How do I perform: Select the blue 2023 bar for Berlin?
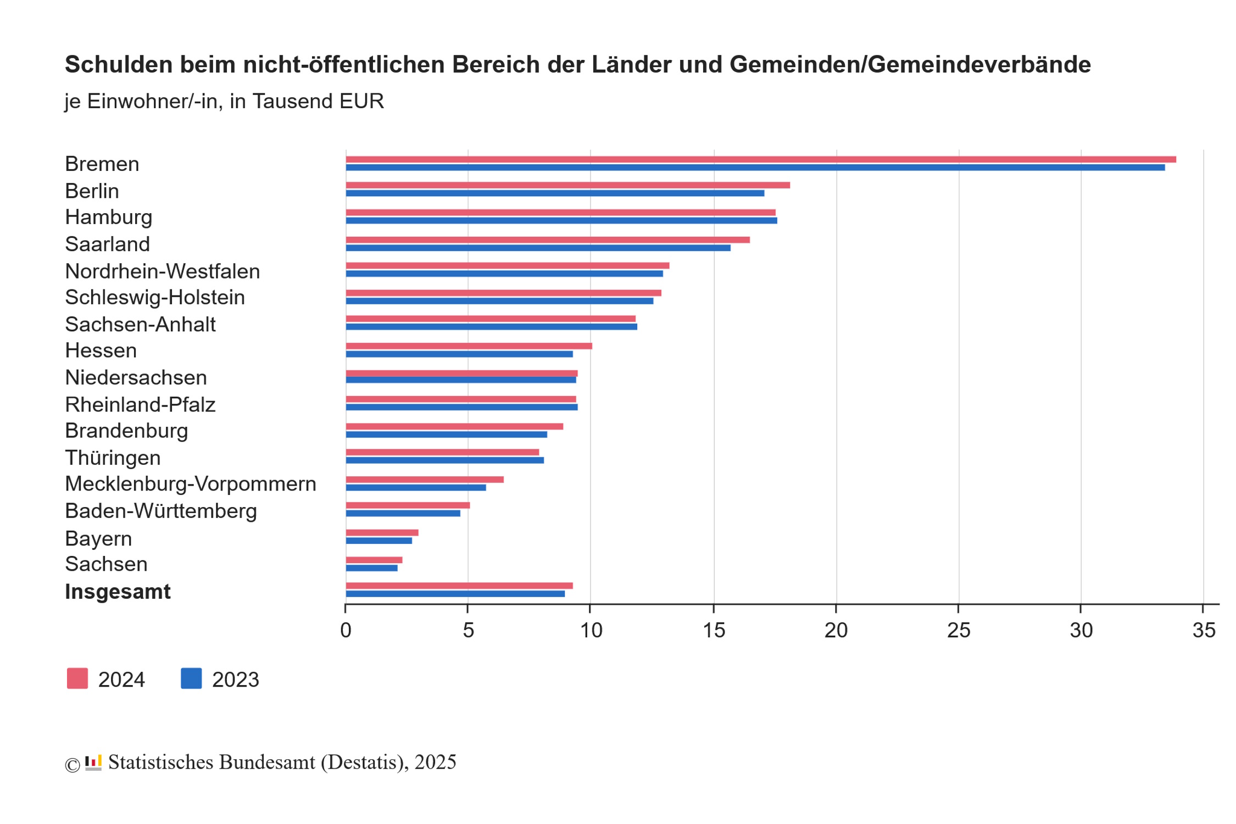pos(555,193)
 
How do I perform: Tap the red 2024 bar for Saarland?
pos(548,240)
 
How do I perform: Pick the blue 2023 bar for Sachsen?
pos(372,568)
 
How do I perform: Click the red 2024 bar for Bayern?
pos(382,532)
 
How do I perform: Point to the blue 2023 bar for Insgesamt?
pos(455,594)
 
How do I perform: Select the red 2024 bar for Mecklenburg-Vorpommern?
pos(425,480)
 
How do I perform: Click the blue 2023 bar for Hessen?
pos(459,354)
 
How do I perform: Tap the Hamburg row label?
pos(109,217)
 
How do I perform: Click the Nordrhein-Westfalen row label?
pos(163,271)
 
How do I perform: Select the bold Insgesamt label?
pos(118,592)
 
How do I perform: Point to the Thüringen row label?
pos(113,458)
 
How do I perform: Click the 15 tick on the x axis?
pos(714,630)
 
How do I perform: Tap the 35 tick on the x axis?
pos(1204,630)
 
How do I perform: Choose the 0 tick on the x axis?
pos(346,630)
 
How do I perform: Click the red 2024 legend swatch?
pos(77,678)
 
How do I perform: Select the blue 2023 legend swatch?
pos(191,678)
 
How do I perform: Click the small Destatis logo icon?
pos(93,762)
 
